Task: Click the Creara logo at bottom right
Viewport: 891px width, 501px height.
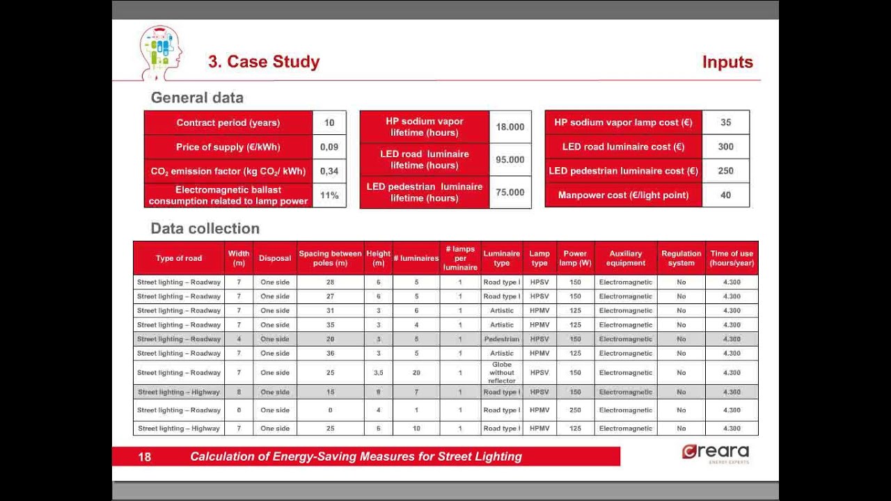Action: pos(715,453)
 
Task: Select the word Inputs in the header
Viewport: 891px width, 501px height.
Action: pos(727,62)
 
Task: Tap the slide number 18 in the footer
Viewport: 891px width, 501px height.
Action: pos(145,457)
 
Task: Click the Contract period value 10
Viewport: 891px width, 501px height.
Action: pos(329,122)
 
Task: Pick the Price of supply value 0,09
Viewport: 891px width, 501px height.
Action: pos(329,147)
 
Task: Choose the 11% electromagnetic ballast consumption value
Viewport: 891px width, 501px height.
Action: pos(329,196)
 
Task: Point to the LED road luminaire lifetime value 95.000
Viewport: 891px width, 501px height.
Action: pos(510,159)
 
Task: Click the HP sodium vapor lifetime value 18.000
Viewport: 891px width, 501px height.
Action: pos(510,127)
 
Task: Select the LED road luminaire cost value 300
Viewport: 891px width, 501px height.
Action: pos(726,147)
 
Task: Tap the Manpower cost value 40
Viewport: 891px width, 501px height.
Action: pos(726,196)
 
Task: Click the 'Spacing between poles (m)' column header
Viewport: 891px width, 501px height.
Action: pos(331,258)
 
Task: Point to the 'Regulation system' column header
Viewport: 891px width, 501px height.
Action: pos(681,258)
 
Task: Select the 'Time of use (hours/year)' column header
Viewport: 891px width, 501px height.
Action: pos(732,258)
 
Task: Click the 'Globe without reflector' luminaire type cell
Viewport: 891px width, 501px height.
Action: pos(502,373)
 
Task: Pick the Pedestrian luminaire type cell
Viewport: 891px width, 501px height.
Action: pos(502,340)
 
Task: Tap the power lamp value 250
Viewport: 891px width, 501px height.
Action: pos(575,411)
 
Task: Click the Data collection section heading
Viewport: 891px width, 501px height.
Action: pos(205,228)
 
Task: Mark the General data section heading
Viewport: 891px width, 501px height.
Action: pos(197,97)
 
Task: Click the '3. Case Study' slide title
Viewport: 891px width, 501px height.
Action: pos(264,62)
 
